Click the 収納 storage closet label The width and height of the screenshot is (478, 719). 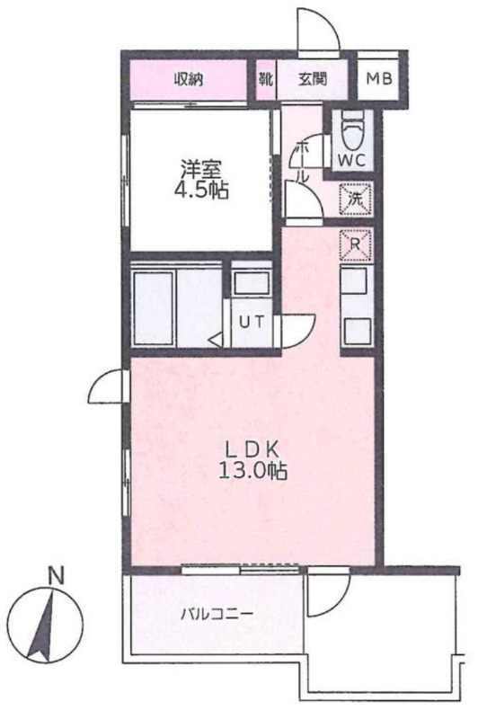coord(189,80)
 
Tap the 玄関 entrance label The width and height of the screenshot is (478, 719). coord(313,79)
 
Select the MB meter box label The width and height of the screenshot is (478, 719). coord(379,79)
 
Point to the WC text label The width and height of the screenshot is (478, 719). coord(351,160)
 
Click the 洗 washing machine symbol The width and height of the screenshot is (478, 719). coord(356,200)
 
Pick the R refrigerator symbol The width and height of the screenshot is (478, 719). coord(355,244)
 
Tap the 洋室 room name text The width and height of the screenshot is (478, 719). coord(200,169)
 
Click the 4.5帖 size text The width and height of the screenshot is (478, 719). coord(200,190)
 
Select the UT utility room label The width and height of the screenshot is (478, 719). coord(252,323)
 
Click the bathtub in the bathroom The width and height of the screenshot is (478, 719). coord(154,308)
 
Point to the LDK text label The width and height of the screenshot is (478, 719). coord(252,450)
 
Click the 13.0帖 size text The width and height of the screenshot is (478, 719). coord(252,470)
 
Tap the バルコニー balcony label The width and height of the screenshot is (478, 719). coord(217,614)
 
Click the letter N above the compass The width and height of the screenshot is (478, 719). coord(56,576)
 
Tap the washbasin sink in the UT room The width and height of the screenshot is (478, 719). coord(252,283)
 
